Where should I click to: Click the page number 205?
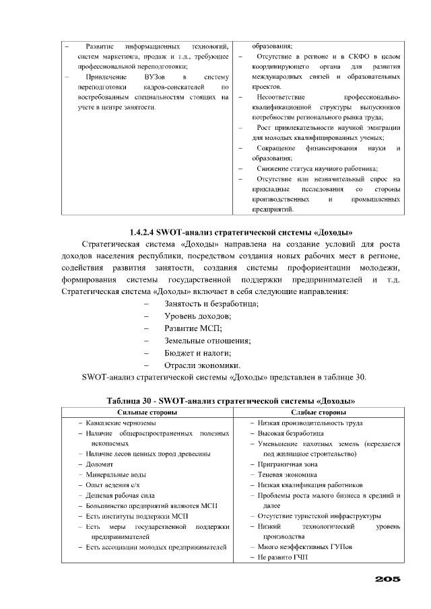click(388, 579)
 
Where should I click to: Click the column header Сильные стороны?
click(147, 412)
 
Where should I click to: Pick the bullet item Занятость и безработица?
click(211, 304)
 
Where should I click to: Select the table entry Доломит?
click(99, 464)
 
